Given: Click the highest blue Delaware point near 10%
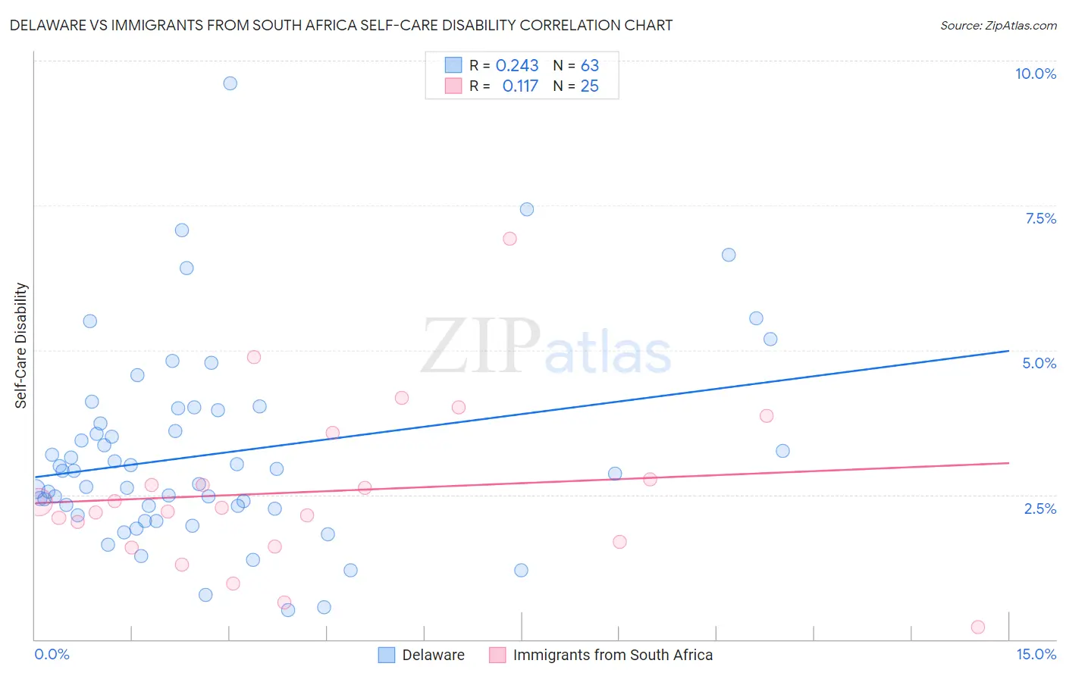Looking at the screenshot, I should [x=230, y=83].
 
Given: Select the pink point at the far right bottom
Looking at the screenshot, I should [x=977, y=627].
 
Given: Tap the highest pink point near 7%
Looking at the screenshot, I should [x=509, y=239].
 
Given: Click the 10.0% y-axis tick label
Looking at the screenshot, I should [x=1035, y=74].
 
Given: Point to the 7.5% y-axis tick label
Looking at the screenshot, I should [x=1040, y=218].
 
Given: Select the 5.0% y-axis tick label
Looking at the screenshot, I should [x=1039, y=363].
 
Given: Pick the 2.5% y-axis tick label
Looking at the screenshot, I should [x=1039, y=509].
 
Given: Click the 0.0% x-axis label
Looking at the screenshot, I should [x=52, y=654].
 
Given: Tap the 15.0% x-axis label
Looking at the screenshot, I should [x=1036, y=654].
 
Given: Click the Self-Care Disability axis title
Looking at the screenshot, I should [x=21, y=346].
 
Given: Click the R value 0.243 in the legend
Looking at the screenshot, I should [x=517, y=66].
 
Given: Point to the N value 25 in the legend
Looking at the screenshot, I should [x=589, y=86].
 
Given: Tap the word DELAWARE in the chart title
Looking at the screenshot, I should [x=48, y=25].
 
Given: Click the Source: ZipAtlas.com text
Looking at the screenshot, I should [x=998, y=25].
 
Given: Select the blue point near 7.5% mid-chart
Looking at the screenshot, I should [x=526, y=209].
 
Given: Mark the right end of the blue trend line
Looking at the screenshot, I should [x=1008, y=351].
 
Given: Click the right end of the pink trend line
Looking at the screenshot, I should [x=1008, y=462].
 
